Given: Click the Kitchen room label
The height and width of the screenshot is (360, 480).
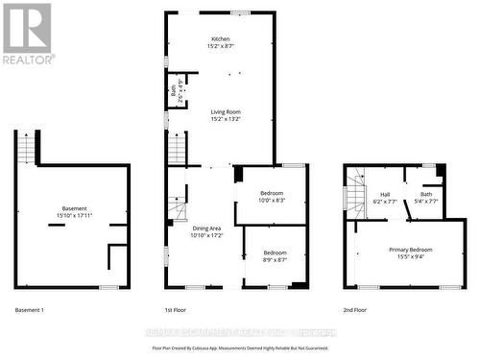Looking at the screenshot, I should tap(221, 39).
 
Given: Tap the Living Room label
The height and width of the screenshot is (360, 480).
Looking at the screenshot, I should tap(226, 112).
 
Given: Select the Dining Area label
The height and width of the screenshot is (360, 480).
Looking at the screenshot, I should tap(205, 228).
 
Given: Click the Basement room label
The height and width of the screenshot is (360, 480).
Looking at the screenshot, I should tap(74, 208).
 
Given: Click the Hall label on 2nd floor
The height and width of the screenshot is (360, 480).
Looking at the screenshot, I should tap(383, 194).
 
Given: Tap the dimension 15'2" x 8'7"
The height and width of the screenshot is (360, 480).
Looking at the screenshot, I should tap(221, 46).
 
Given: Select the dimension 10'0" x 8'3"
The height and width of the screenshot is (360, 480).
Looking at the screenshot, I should tap(272, 201).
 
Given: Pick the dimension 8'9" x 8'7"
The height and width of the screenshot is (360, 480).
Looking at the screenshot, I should tap(275, 260).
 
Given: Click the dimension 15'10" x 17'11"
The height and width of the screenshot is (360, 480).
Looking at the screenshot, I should tap(74, 215).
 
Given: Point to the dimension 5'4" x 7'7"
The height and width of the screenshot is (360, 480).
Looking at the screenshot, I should tap(426, 202).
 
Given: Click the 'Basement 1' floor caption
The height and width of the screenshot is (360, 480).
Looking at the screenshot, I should tap(30, 310).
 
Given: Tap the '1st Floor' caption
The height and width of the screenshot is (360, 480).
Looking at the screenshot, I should tap(176, 310).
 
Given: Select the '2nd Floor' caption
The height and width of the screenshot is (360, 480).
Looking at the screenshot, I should tap(354, 310).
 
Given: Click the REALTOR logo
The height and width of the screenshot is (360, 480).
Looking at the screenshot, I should tap(27, 33).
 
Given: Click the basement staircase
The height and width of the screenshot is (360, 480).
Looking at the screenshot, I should tap(26, 149).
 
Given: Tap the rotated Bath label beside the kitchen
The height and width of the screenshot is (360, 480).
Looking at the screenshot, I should tap(174, 92).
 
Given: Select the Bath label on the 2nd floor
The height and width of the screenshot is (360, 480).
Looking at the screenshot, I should tap(426, 194).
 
